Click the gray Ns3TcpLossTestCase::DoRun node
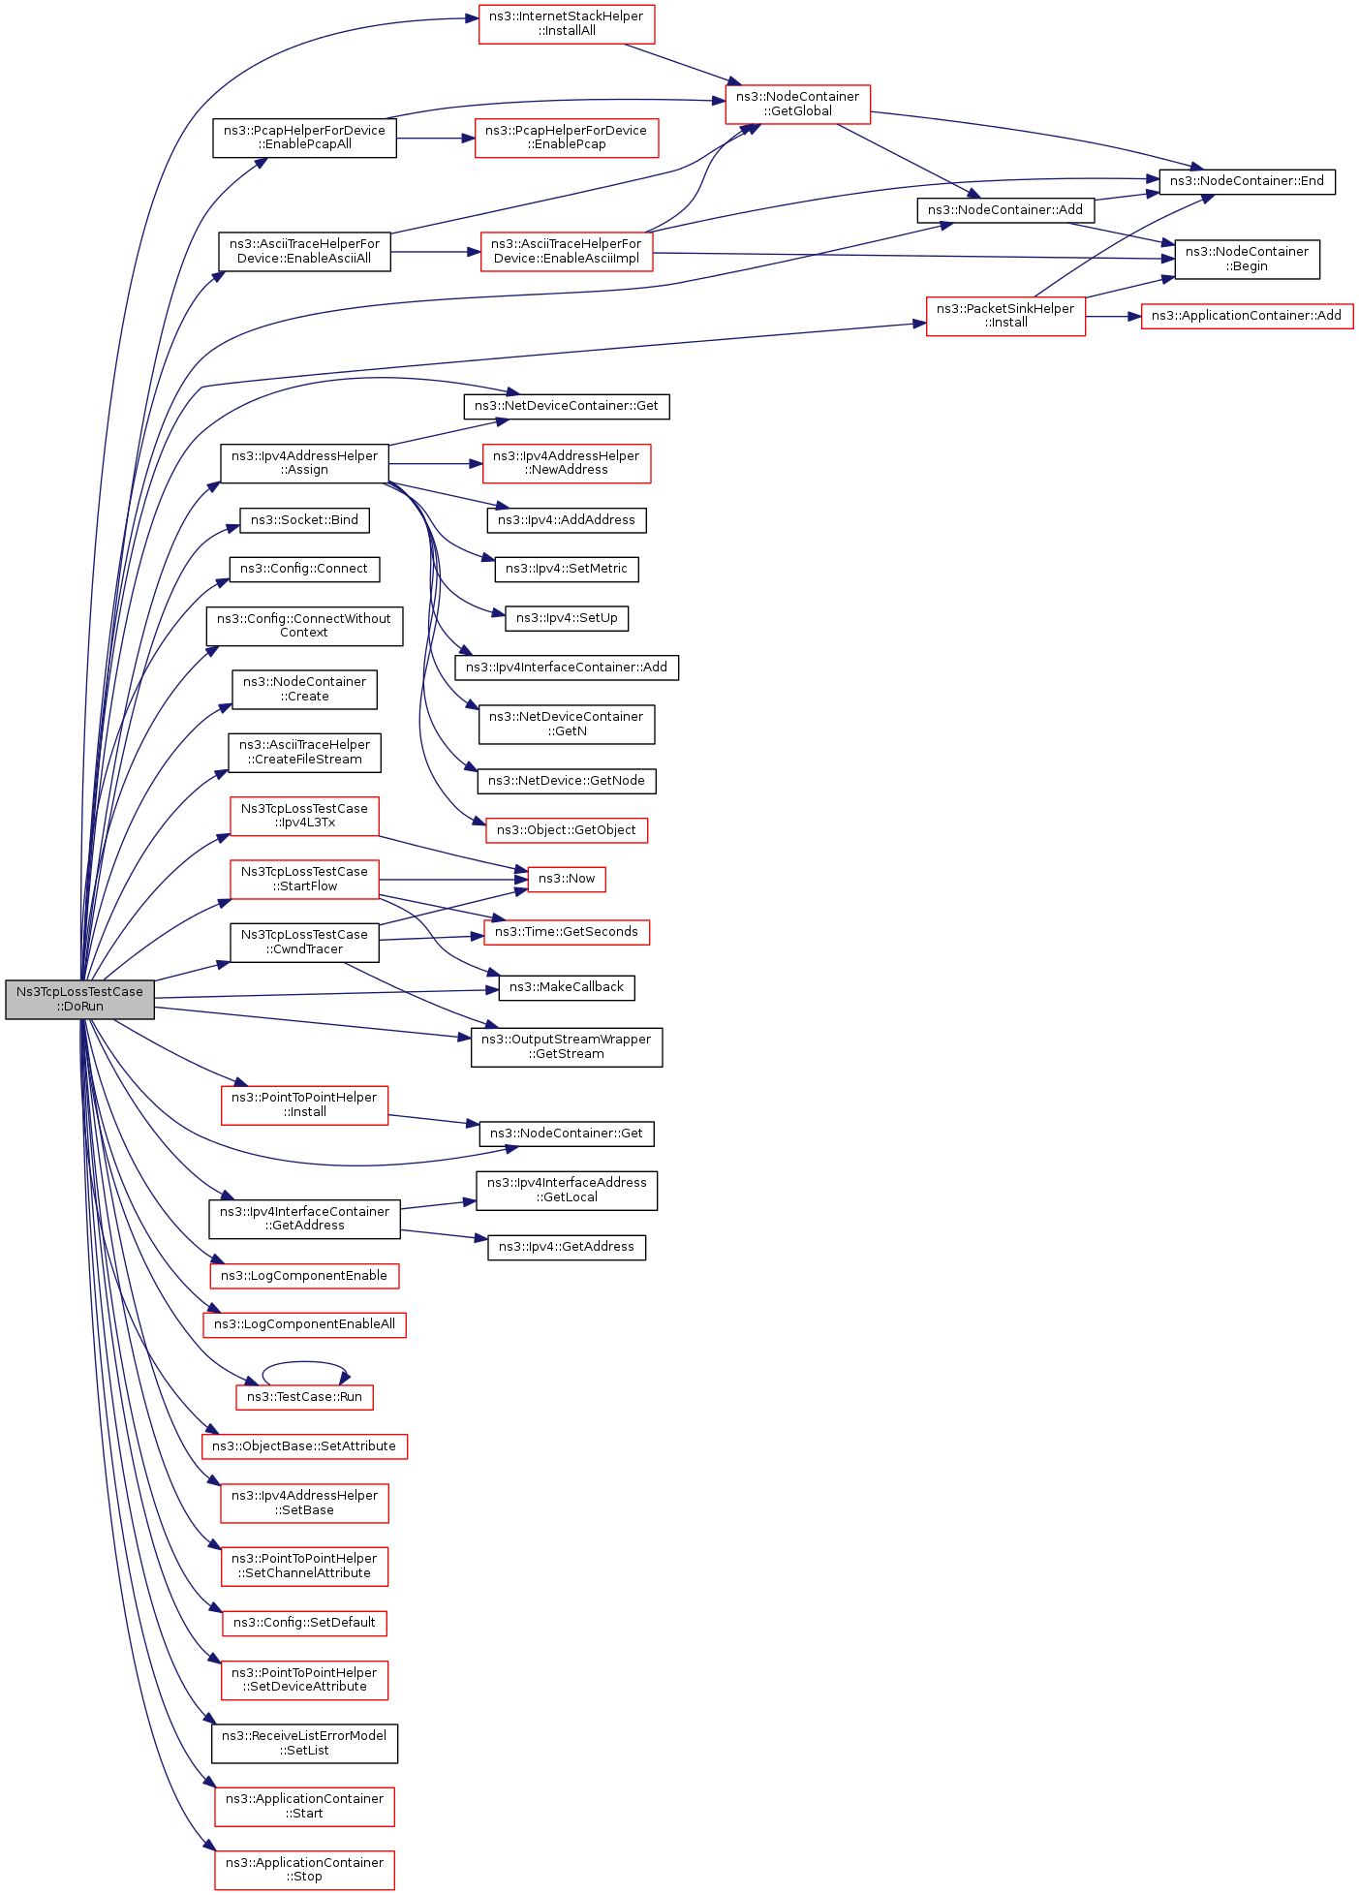click(x=79, y=999)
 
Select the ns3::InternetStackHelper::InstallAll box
click(x=567, y=24)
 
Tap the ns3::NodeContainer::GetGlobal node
click(x=797, y=104)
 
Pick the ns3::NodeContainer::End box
click(x=1247, y=181)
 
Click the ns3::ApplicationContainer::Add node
click(x=1247, y=316)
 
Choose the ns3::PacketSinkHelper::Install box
click(x=1005, y=316)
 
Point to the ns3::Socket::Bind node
click(x=304, y=520)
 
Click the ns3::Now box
click(x=567, y=879)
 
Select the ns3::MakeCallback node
click(x=567, y=987)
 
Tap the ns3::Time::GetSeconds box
click(x=567, y=932)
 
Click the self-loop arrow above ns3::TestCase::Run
click(x=304, y=1364)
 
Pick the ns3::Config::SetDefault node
click(x=304, y=1623)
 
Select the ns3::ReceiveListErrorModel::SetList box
click(x=304, y=1743)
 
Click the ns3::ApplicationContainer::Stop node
click(x=304, y=1869)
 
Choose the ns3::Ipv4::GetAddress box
click(x=567, y=1247)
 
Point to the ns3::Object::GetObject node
click(x=567, y=830)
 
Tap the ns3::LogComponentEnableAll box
click(x=304, y=1324)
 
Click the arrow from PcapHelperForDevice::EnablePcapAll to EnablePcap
click(x=435, y=139)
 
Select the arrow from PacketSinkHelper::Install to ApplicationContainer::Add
click(x=1113, y=316)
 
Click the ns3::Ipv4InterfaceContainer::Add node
click(x=567, y=668)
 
